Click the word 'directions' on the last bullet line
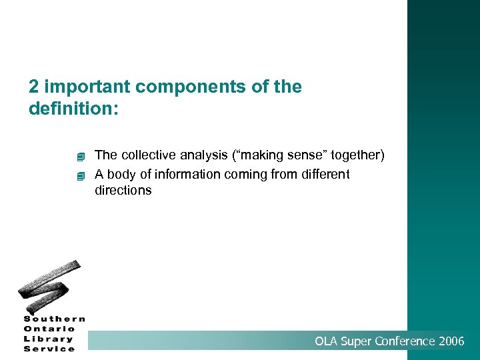[123, 191]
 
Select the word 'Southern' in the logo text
[55, 319]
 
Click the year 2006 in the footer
[452, 341]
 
